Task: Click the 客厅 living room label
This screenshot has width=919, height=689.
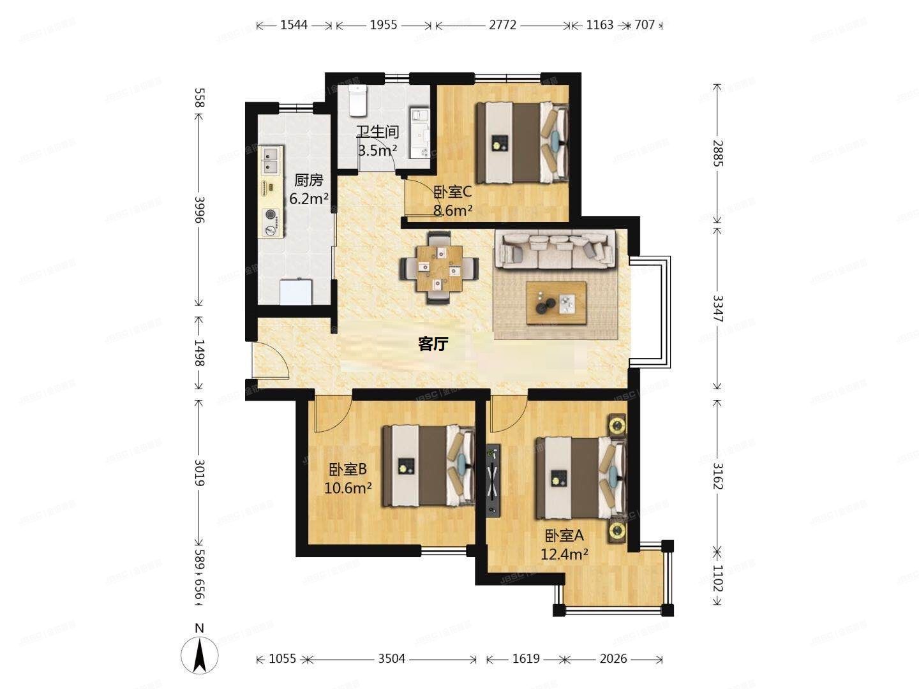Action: click(433, 344)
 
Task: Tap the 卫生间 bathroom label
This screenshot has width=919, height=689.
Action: click(377, 132)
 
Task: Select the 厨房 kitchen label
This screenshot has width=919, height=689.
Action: click(308, 181)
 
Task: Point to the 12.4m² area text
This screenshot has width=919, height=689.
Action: click(564, 554)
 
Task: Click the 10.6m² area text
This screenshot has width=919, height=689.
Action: click(348, 488)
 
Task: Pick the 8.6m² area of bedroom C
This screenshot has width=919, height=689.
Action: click(452, 210)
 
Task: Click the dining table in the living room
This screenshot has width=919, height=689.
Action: click(439, 268)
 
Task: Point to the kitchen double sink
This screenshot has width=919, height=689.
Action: click(271, 161)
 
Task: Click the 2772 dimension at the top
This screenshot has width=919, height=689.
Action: click(502, 25)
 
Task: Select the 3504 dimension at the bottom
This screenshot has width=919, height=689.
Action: click(391, 658)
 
